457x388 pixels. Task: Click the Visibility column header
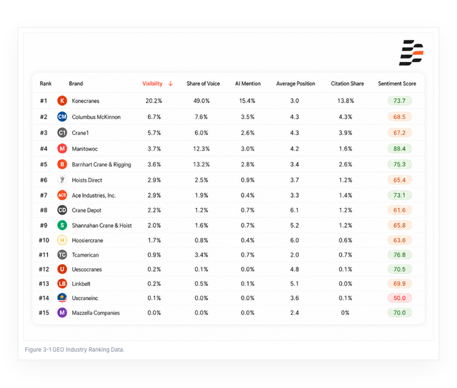click(152, 83)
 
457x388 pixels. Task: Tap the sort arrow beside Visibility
click(171, 83)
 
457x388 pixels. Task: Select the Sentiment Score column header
click(397, 83)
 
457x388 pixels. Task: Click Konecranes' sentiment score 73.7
click(399, 101)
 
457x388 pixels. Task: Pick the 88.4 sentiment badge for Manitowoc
click(399, 149)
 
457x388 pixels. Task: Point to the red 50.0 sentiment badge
click(399, 298)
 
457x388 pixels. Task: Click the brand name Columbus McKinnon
click(96, 117)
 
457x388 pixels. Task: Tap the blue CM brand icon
click(62, 117)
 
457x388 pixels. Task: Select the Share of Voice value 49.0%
click(202, 101)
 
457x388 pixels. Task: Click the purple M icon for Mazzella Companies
click(62, 313)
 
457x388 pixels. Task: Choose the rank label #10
click(44, 240)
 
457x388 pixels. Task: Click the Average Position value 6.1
click(294, 210)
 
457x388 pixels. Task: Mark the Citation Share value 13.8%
click(346, 101)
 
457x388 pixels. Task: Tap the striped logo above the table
click(411, 53)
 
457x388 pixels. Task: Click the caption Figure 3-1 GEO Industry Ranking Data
click(74, 349)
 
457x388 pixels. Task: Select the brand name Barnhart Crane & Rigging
click(101, 164)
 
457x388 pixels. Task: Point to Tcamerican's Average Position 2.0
click(294, 255)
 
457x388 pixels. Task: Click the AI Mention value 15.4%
click(247, 101)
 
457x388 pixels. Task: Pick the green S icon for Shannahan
click(62, 225)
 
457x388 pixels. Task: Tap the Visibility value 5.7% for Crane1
click(154, 133)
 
